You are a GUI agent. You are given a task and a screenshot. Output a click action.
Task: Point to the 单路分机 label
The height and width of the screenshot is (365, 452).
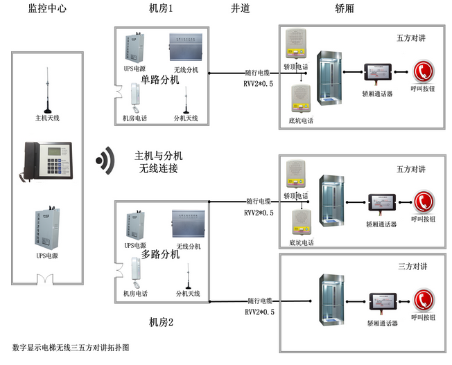(159, 80)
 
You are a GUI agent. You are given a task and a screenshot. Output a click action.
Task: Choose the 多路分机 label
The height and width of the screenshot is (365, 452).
(160, 254)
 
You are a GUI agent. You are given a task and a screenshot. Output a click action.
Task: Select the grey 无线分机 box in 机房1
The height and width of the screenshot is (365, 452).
(186, 48)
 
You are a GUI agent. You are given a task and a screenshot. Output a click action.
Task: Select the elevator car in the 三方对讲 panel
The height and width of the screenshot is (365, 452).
(327, 299)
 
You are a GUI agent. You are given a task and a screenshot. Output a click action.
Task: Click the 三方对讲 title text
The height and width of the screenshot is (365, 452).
(411, 266)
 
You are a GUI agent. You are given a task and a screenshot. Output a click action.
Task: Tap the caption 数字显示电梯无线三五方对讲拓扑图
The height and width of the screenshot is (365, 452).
(71, 346)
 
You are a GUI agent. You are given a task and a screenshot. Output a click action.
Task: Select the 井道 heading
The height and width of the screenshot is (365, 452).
(240, 8)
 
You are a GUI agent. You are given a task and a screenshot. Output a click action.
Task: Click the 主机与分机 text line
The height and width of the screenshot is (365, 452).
(159, 155)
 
